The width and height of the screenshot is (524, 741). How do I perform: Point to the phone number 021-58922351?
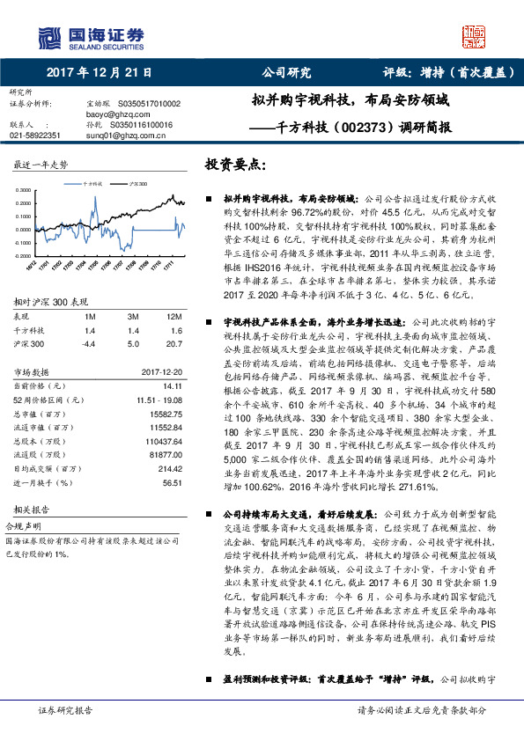point(35,136)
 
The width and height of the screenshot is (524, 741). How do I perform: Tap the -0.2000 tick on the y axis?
point(24,255)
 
